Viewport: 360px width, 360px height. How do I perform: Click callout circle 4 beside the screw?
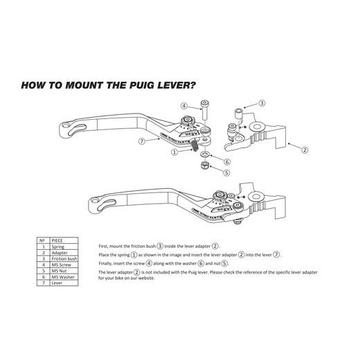(x=184, y=106)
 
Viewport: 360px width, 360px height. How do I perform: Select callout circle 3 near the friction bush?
(x=262, y=102)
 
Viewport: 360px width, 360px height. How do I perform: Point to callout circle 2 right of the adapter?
(x=305, y=148)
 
